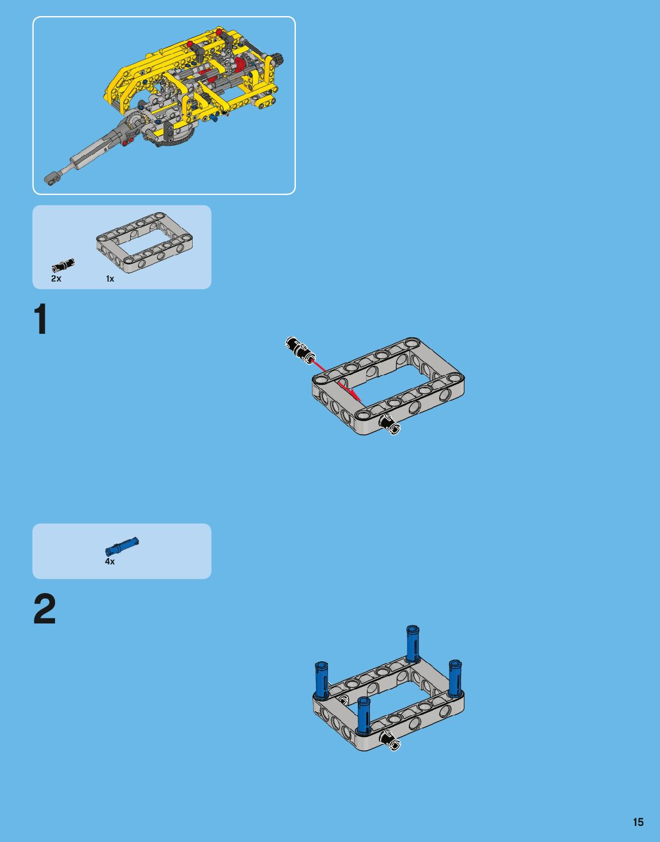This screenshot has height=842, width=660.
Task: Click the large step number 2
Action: (x=45, y=609)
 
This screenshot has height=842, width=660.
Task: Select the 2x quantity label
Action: (x=56, y=279)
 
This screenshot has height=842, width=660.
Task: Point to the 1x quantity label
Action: (x=110, y=279)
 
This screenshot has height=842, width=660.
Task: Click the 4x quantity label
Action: (x=110, y=562)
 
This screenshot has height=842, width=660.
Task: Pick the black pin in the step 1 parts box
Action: (x=63, y=264)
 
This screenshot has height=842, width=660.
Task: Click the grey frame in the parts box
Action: (x=144, y=243)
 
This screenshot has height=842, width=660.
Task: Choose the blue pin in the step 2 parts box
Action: (x=122, y=547)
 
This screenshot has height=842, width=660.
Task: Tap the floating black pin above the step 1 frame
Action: (x=300, y=350)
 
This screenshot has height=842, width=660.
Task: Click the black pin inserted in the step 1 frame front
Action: (x=390, y=424)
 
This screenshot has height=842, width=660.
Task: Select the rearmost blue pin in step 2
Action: (x=412, y=644)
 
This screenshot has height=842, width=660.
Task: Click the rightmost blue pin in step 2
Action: (x=455, y=678)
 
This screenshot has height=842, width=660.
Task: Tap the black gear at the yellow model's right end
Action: (x=279, y=60)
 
